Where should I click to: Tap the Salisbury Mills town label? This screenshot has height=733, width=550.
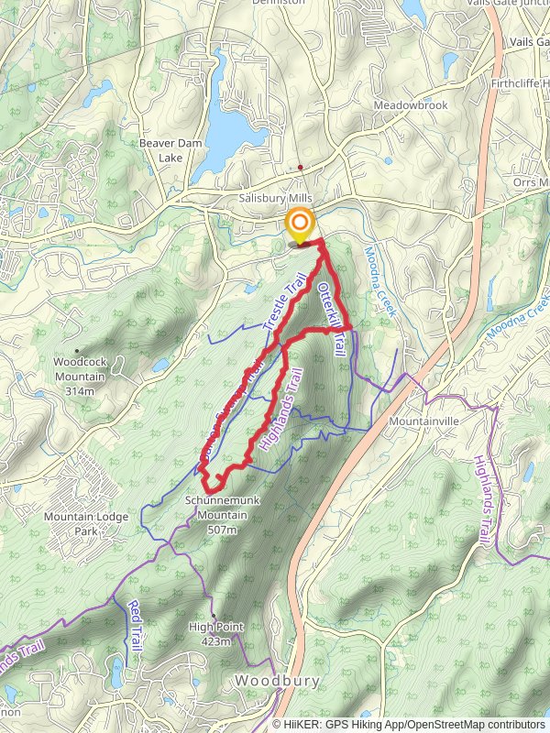[276, 199]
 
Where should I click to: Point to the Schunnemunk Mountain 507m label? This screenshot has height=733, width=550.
[216, 515]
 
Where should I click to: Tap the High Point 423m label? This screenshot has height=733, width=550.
[216, 634]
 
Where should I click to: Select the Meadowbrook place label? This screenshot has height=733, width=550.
[411, 105]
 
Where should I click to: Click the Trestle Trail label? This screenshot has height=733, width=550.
[282, 303]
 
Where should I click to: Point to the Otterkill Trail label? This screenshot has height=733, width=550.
[331, 318]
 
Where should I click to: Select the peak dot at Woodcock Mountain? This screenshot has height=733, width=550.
[78, 350]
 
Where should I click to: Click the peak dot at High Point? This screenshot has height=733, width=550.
[213, 616]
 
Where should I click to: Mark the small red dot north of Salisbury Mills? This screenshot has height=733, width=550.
[300, 168]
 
